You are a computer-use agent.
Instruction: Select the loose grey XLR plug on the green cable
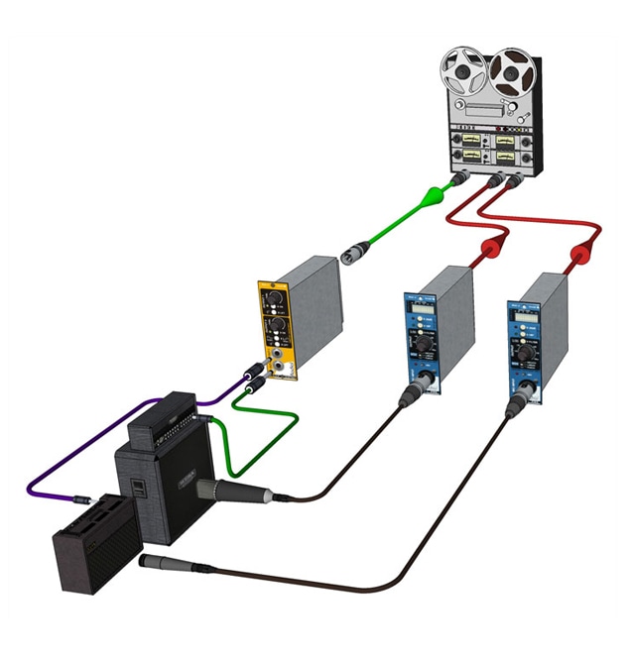tap(354, 254)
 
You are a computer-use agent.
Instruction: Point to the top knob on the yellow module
tap(275, 298)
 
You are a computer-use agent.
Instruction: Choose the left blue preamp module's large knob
tap(423, 347)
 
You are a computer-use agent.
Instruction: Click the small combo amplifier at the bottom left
tap(95, 541)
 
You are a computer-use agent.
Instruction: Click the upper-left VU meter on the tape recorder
tap(469, 132)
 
